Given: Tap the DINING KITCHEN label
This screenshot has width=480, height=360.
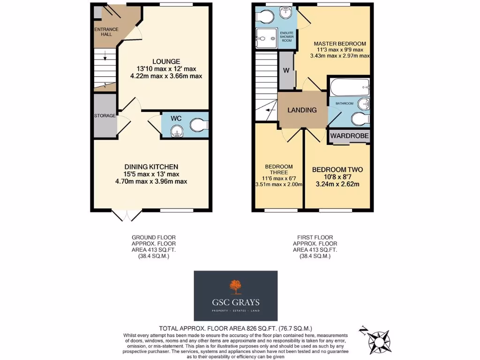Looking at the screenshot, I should pyautogui.click(x=151, y=167).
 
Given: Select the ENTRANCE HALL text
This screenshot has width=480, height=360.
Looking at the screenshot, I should pyautogui.click(x=106, y=32).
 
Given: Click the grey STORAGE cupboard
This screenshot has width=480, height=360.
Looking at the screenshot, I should pyautogui.click(x=105, y=116).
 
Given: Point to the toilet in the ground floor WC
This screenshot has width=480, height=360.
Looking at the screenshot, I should pyautogui.click(x=199, y=125).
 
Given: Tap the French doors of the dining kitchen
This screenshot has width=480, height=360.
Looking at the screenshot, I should pyautogui.click(x=127, y=215).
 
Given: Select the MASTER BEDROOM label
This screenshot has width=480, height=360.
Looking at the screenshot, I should pyautogui.click(x=340, y=44).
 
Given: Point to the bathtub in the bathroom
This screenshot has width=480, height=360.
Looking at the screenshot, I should pyautogui.click(x=349, y=87).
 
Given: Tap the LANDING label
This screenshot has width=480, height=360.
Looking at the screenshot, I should pyautogui.click(x=302, y=110).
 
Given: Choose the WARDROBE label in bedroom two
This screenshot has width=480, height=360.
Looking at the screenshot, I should pyautogui.click(x=350, y=136).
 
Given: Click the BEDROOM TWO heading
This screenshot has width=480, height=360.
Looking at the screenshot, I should pyautogui.click(x=337, y=169).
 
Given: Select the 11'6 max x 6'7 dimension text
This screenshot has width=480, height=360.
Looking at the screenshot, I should pyautogui.click(x=279, y=178).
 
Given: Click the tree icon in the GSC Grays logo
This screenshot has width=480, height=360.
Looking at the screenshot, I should pyautogui.click(x=235, y=286).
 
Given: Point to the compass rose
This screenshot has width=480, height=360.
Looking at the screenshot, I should pyautogui.click(x=378, y=338).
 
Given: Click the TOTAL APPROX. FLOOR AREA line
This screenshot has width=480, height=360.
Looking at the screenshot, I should pyautogui.click(x=235, y=329).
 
